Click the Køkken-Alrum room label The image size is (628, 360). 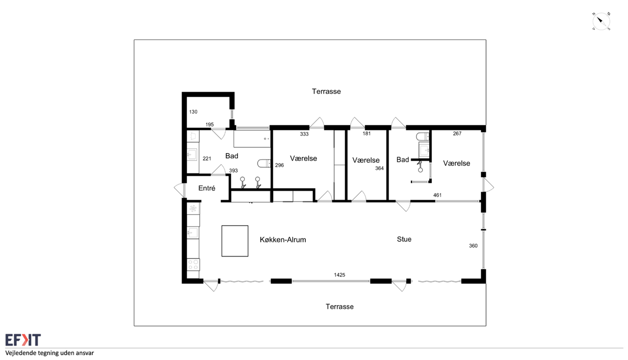[x=283, y=240]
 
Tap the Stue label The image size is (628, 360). [x=404, y=239]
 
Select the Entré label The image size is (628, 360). [x=207, y=188]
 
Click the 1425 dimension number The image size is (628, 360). [x=339, y=275]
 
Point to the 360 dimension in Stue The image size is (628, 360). [x=473, y=246]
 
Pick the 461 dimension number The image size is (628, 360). [x=437, y=195]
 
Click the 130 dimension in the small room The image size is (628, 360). [x=193, y=112]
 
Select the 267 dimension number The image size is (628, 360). [x=457, y=133]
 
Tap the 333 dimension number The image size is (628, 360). [x=304, y=134]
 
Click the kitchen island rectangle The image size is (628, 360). [x=235, y=241]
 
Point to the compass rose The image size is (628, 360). [x=601, y=21]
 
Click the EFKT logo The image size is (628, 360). [x=23, y=340]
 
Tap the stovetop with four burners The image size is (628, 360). [x=193, y=265]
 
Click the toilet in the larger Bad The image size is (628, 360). [x=264, y=163]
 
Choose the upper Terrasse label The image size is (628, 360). [x=326, y=91]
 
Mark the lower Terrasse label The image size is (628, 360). [x=340, y=307]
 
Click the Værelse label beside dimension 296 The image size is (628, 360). [x=303, y=158]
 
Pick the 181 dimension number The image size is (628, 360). [x=366, y=133]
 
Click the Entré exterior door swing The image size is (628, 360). [x=180, y=190]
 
